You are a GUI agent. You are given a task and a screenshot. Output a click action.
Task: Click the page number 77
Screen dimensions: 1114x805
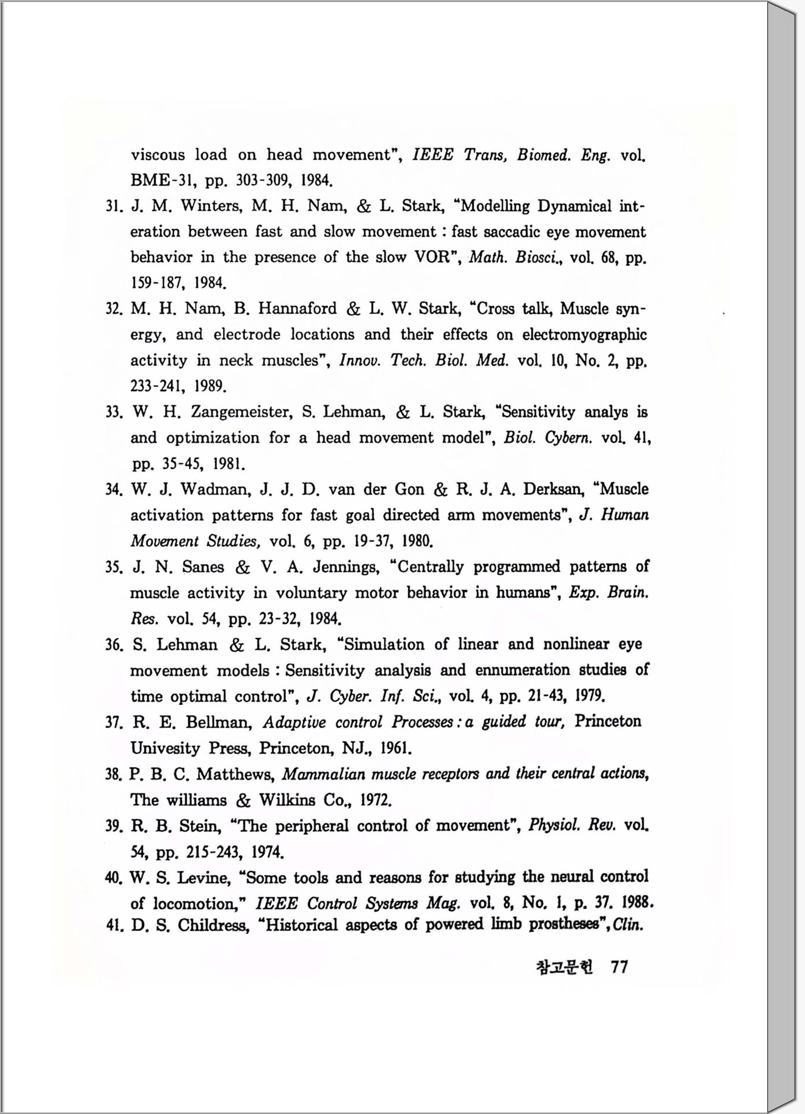point(619,967)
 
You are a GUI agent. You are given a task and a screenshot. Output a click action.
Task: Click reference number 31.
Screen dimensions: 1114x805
point(112,206)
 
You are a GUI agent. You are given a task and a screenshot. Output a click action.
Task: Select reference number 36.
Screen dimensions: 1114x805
point(113,644)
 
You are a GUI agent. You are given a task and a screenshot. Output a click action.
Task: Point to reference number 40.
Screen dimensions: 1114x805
point(113,878)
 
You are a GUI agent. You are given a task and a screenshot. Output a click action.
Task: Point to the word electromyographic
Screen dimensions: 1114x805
point(584,335)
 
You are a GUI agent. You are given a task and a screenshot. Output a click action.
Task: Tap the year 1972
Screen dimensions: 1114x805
point(376,801)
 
